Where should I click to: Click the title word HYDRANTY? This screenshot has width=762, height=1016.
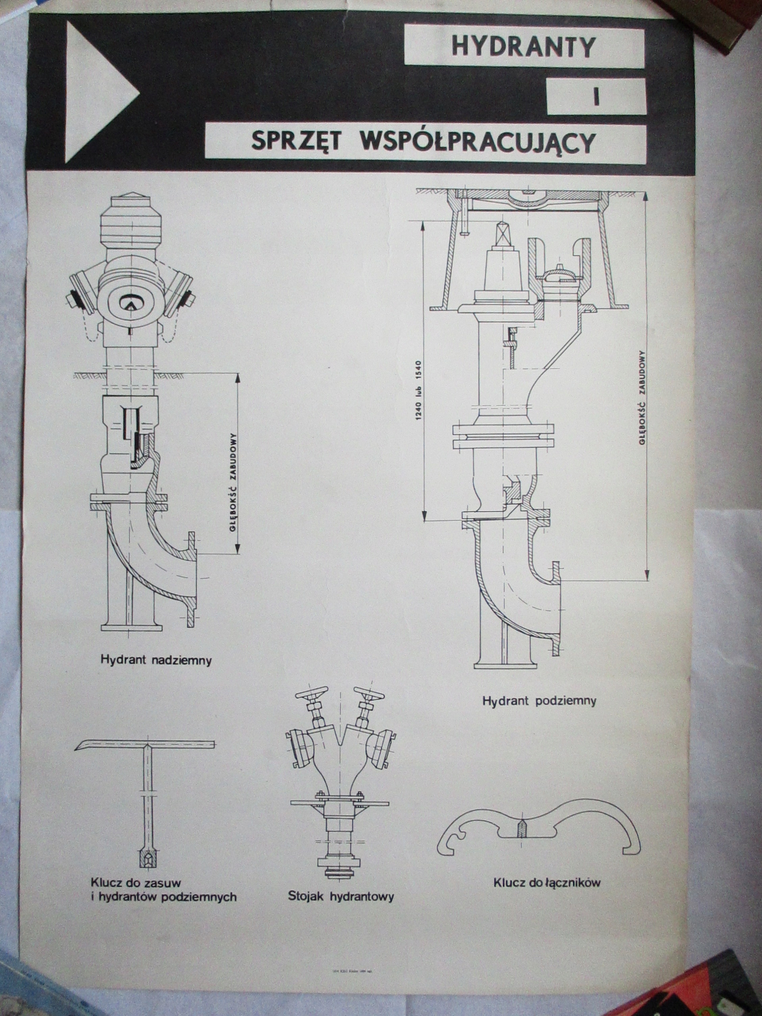pos(523,47)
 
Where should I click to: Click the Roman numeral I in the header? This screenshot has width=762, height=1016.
pos(596,97)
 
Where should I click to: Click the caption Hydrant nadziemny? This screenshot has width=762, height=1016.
pos(156,661)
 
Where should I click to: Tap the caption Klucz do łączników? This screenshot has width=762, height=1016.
pos(547,882)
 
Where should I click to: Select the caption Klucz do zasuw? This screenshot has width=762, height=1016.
pos(136,882)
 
